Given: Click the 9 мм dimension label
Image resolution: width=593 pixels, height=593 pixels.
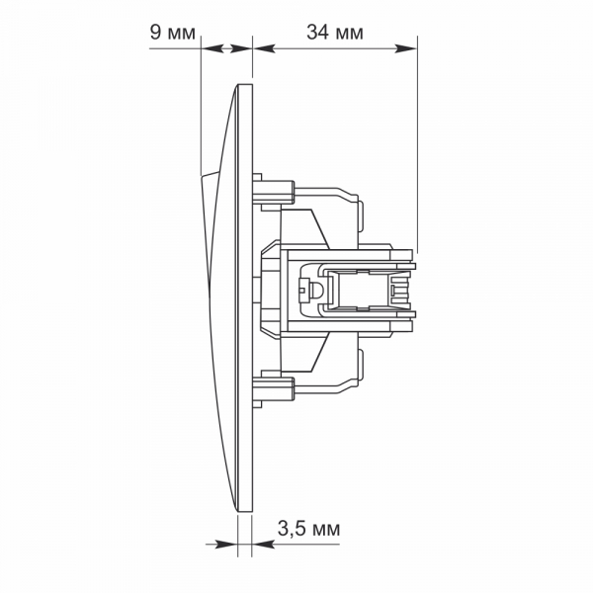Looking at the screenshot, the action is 172,33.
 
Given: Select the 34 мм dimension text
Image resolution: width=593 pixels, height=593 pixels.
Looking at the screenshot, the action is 335,33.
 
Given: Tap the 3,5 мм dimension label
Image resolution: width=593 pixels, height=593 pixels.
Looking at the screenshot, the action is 308,529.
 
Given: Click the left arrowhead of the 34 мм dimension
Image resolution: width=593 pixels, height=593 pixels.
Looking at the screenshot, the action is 264,48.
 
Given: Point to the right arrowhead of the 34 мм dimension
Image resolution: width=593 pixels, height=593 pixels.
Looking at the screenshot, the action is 405,48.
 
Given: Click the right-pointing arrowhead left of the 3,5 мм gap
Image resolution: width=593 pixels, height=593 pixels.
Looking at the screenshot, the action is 226,545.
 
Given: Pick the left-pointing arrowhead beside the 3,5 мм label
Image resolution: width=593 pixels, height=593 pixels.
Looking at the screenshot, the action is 263,545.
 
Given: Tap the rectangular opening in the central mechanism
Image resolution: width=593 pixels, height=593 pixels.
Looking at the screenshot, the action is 362,290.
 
